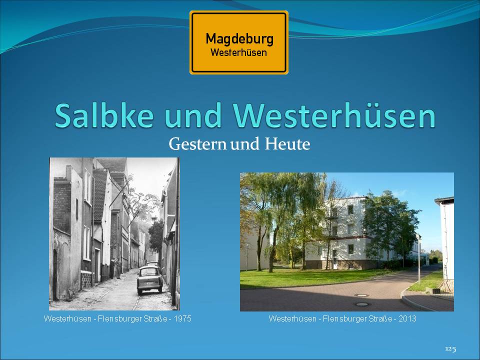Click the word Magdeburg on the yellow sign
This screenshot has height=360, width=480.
[239, 39]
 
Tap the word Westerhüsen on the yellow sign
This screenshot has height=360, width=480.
[238, 52]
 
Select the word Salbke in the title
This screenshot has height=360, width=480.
[104, 115]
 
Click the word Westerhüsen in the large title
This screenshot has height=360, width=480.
[334, 115]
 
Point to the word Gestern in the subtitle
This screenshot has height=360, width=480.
[197, 144]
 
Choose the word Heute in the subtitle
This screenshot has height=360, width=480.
[287, 144]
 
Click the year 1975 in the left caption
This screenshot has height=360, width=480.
[182, 318]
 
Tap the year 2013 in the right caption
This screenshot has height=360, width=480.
[407, 318]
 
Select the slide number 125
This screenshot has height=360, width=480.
[450, 349]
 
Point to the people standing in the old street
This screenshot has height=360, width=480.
[115, 269]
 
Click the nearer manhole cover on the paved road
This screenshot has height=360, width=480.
[362, 304]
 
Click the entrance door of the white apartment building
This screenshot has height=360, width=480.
[335, 259]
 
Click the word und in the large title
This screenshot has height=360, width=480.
[193, 115]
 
